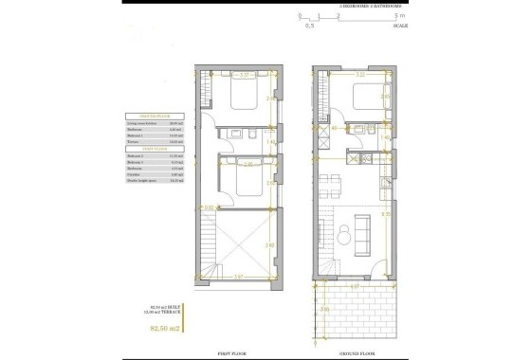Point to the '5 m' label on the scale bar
(x=401, y=16)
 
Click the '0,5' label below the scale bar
(x=308, y=27)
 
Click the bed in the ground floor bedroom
(x=363, y=99)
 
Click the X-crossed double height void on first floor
(x=246, y=245)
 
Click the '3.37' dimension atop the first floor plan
(x=244, y=75)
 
